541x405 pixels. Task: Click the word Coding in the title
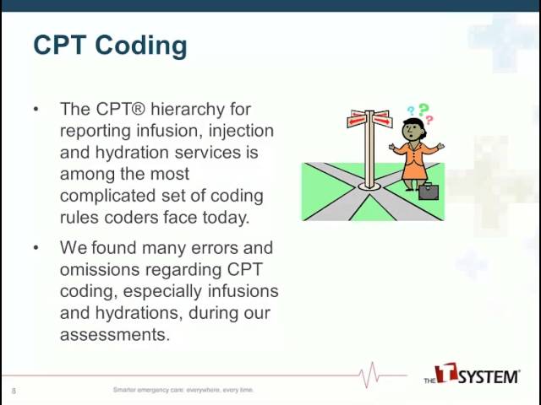(141, 46)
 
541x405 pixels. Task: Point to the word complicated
(107, 197)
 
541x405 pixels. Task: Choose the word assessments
(115, 334)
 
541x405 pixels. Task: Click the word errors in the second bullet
(215, 248)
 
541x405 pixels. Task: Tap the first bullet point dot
(36, 109)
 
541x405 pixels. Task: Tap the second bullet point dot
(36, 247)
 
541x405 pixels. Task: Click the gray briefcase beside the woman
(429, 192)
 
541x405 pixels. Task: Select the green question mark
(424, 110)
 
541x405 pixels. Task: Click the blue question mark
(411, 111)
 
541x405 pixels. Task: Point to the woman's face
(412, 131)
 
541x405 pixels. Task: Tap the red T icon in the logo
(446, 373)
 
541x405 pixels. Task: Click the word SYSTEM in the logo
(489, 377)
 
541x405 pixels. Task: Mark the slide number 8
(14, 391)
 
